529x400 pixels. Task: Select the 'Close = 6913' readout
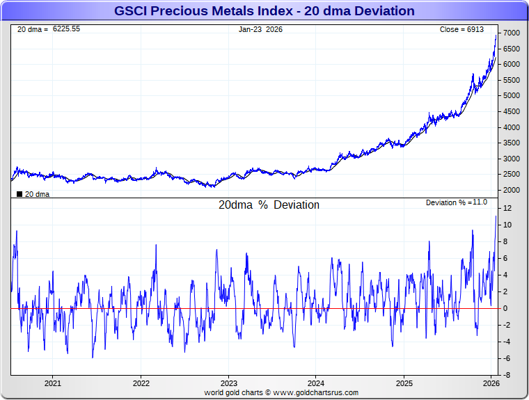pos(461,29)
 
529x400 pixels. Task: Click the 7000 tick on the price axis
pos(512,33)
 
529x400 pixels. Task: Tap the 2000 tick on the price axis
pos(512,190)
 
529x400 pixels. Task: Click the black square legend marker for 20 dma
pos(19,194)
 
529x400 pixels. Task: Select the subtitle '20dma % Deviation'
pos(269,205)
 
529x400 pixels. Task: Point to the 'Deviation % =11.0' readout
pos(457,202)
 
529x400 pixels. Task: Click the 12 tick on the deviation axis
pos(508,208)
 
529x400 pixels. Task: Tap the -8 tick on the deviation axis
pos(508,375)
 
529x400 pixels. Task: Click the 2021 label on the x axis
pos(53,383)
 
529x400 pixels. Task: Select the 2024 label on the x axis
pos(316,383)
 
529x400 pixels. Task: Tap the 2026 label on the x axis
pos(491,383)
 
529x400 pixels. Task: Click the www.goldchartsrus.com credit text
pos(315,393)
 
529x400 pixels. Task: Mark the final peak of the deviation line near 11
pos(496,216)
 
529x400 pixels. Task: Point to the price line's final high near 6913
pos(496,35)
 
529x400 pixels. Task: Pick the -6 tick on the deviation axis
pos(508,358)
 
